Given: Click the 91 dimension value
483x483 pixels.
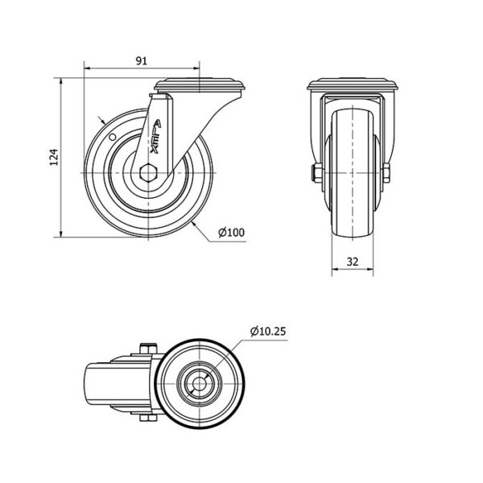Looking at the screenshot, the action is (142, 61).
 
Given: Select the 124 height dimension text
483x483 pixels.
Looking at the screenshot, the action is (54, 157).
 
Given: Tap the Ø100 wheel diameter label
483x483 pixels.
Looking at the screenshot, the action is (231, 232).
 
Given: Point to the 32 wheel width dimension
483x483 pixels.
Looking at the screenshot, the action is (353, 262).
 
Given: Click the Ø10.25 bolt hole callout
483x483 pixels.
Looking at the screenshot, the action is (268, 331).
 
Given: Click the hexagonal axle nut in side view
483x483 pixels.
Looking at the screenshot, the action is (148, 172).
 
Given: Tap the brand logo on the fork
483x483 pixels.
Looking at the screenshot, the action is (156, 137).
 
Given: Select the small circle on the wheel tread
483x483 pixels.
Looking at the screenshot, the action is (113, 137).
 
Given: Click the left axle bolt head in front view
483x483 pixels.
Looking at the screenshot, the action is (317, 172).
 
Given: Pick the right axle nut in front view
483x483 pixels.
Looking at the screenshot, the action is (386, 172).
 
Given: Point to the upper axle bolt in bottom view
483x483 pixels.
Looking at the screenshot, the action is (149, 349).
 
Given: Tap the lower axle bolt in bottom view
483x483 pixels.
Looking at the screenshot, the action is (149, 417).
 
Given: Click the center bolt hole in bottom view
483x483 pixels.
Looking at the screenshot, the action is (200, 384).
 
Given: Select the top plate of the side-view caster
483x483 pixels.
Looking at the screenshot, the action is (200, 85).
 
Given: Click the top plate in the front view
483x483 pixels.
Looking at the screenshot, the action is (353, 84).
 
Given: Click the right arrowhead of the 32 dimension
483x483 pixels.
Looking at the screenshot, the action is (370, 270).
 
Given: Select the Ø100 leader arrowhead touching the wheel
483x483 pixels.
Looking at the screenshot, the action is (194, 224).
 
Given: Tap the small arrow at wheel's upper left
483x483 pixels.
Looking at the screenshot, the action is (101, 120).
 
